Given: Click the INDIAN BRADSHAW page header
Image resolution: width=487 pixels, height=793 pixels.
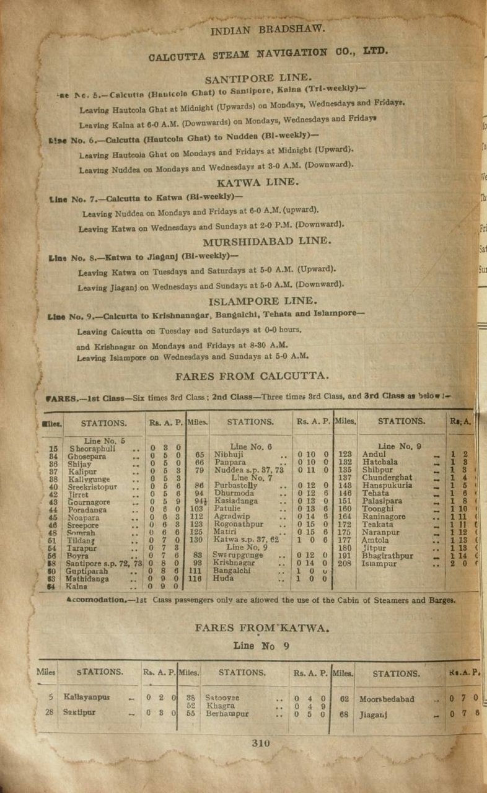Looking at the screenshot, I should (268, 29).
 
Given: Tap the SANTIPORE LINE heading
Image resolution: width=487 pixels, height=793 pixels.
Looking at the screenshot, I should (258, 78).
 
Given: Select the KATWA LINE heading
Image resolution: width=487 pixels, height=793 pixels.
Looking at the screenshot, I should (258, 182).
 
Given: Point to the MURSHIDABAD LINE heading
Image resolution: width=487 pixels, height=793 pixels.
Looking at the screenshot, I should (259, 242).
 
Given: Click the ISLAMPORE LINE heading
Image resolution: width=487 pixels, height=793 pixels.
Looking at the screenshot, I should (263, 301).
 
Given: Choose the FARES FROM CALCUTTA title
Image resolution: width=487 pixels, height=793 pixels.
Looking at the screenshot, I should (252, 376).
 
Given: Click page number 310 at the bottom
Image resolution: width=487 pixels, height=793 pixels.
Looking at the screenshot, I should (261, 744).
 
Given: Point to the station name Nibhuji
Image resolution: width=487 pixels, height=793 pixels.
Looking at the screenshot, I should (229, 454).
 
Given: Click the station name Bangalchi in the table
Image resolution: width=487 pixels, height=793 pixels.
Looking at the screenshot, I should (232, 571).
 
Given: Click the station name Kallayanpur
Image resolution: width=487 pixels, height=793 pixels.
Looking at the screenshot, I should (87, 697).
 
